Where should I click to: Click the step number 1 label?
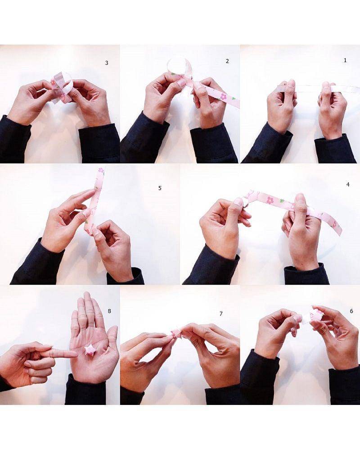(x=345, y=60)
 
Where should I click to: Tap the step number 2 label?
(x=227, y=61)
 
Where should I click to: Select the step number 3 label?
(x=107, y=63)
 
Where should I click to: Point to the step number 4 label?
(x=348, y=185)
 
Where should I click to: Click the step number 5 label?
(x=160, y=188)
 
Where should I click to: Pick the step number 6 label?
(x=351, y=311)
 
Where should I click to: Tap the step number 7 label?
(x=221, y=314)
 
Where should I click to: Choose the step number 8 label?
(x=109, y=311)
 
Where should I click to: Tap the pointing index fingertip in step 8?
(x=75, y=354)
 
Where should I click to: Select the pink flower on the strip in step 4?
(x=270, y=200)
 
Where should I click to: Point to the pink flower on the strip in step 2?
(x=223, y=97)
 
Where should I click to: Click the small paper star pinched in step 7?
(x=175, y=334)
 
